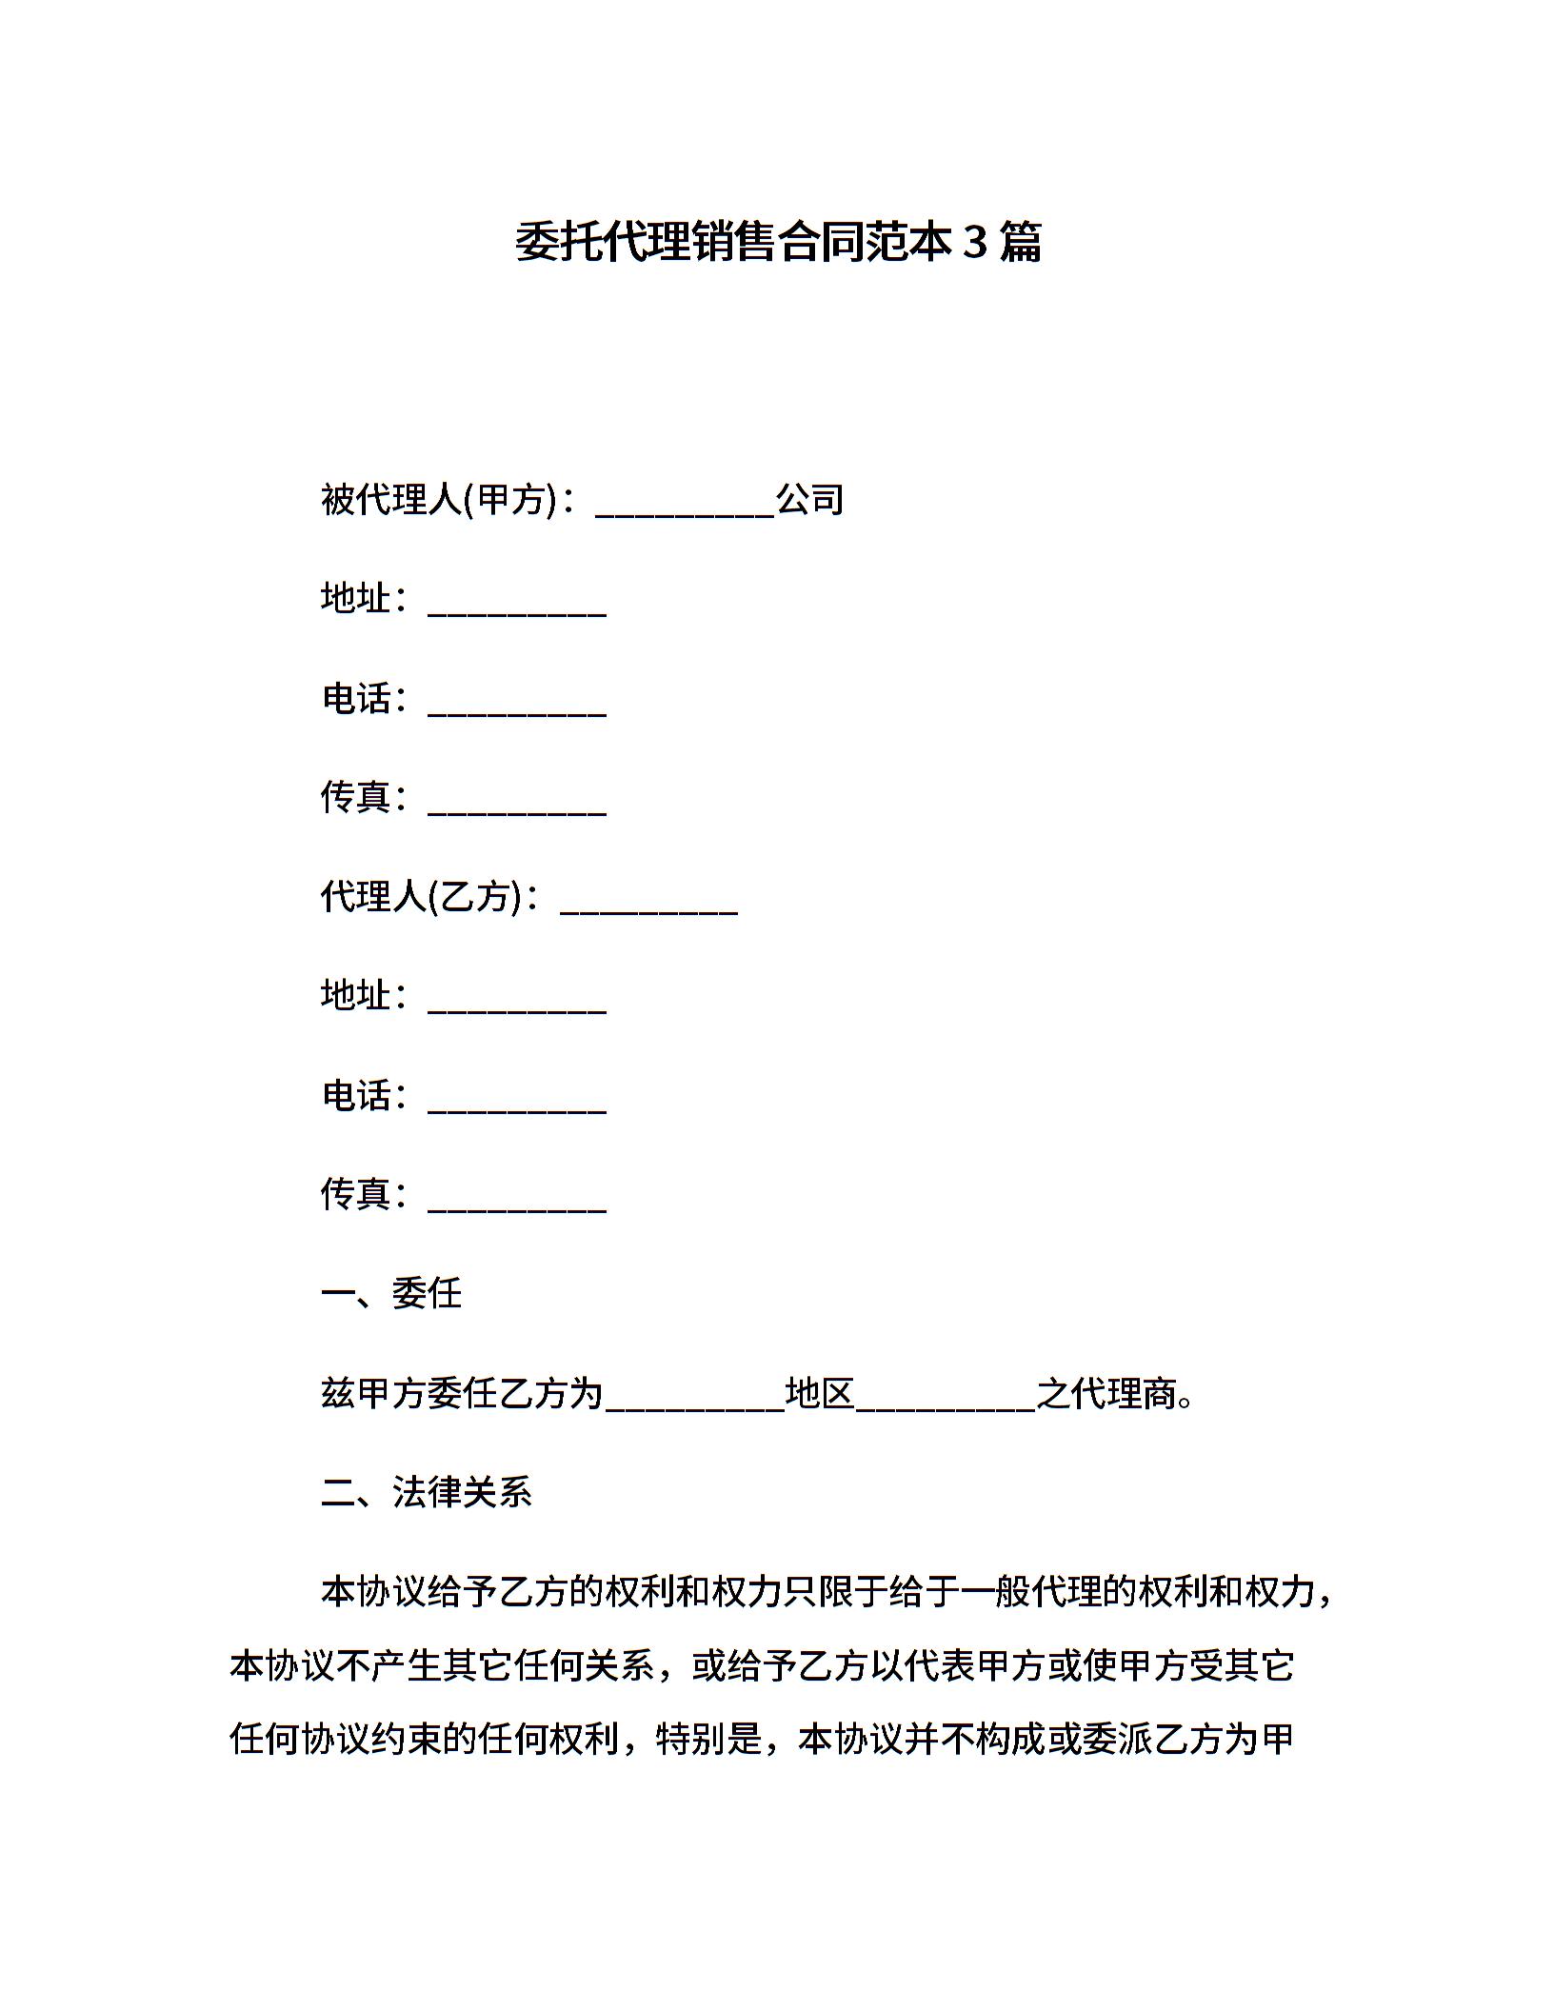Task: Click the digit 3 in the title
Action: [974, 242]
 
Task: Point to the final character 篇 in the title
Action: [1021, 242]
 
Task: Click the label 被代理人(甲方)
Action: [438, 500]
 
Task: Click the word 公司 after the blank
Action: [809, 500]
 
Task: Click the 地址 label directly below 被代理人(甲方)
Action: [356, 598]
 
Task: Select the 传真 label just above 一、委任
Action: [356, 1194]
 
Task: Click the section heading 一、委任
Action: [391, 1293]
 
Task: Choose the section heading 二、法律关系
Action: [426, 1492]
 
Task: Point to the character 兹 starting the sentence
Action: [338, 1393]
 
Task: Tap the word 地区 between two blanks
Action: [819, 1393]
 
